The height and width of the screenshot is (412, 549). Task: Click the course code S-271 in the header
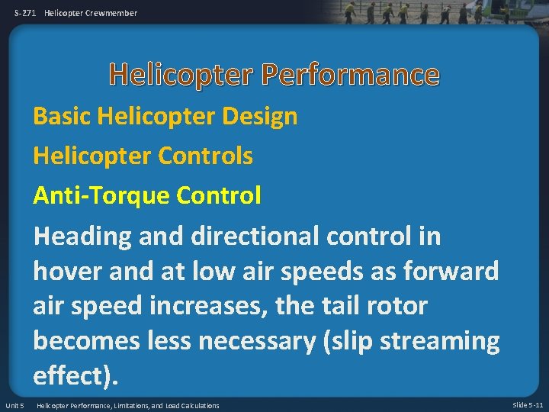pyautogui.click(x=25, y=13)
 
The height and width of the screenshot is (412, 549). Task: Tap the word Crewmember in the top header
pyautogui.click(x=112, y=13)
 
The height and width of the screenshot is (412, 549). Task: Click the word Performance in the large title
pyautogui.click(x=352, y=75)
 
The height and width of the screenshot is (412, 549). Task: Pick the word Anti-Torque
pyautogui.click(x=101, y=196)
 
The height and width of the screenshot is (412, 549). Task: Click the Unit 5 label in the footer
pyautogui.click(x=14, y=405)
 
